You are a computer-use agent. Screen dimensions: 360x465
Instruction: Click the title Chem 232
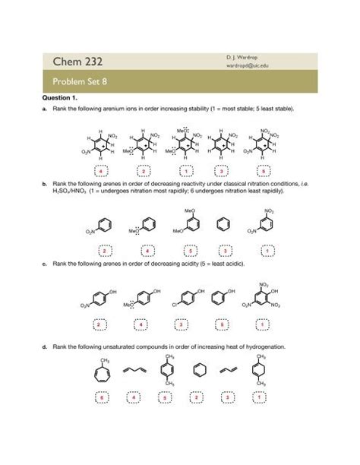point(79,60)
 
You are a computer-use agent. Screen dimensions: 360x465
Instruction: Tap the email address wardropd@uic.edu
point(247,66)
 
